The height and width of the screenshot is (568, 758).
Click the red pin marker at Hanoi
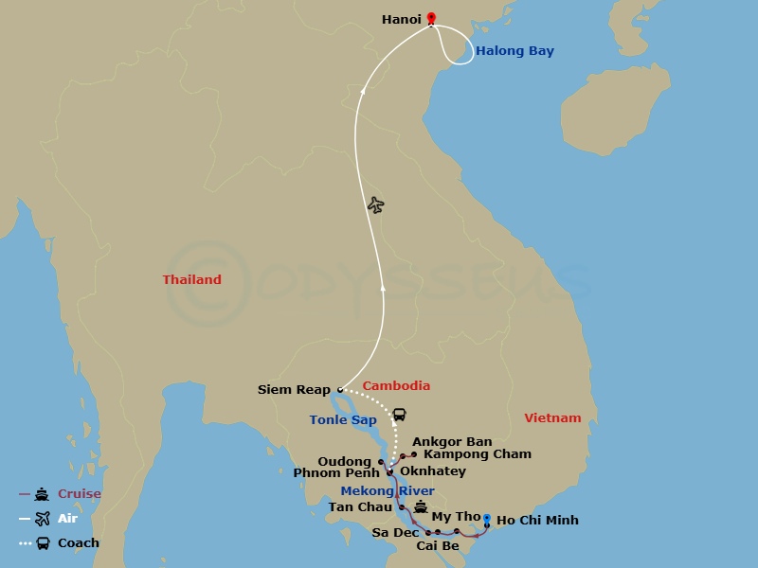point(431,18)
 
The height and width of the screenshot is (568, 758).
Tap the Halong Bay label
point(514,51)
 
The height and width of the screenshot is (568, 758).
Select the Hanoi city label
point(401,19)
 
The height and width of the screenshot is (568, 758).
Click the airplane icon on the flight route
point(376,204)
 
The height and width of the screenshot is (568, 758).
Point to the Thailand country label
point(191,279)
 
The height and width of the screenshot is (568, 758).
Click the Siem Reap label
point(294,389)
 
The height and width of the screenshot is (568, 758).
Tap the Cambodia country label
point(396,385)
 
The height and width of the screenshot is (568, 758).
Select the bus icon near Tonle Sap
point(400,415)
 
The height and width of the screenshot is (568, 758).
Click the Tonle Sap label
point(342,419)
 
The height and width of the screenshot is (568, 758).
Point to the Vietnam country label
point(552,417)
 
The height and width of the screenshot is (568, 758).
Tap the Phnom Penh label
point(335,473)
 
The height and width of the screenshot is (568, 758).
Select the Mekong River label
point(388,490)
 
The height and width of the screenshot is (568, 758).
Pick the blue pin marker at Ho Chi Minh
point(486,518)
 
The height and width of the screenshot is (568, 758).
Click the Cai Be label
point(437,545)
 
